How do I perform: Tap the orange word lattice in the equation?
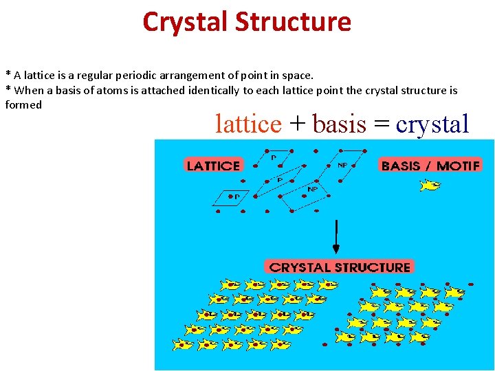point(248,124)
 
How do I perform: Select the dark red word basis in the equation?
point(340,124)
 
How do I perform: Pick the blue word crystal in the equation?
point(432,124)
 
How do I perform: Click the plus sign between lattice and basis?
point(297,124)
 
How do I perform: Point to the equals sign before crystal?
point(382,124)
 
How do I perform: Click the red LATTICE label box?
point(213,166)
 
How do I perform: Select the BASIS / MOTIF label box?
point(430,166)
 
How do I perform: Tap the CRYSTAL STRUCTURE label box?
point(340,267)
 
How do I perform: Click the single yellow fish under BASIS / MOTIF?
point(430,185)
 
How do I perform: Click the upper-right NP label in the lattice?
point(342,165)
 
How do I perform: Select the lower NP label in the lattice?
point(312,189)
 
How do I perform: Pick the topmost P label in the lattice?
point(274,157)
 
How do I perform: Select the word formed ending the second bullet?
point(23,104)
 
